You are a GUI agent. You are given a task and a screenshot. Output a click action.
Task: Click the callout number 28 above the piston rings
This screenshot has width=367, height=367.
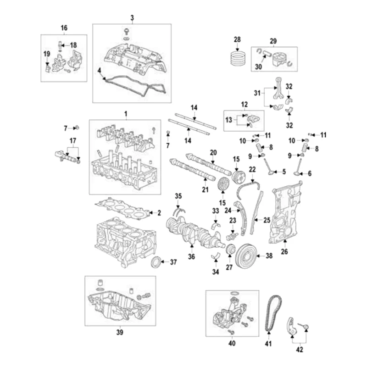tap(237, 40)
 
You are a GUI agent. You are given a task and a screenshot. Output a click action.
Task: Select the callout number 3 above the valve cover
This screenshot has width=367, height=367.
tap(132, 18)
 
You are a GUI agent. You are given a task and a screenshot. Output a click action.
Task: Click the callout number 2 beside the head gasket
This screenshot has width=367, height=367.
tap(159, 213)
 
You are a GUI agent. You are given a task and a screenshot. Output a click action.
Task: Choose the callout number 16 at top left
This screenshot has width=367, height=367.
tap(64, 28)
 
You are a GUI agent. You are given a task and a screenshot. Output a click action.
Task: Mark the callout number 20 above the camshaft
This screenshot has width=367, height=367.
tap(213, 152)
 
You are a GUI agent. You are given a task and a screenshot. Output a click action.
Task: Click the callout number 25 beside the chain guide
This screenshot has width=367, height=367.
tap(267, 220)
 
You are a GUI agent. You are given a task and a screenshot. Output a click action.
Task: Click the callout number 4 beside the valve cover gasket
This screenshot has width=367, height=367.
tap(99, 70)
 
